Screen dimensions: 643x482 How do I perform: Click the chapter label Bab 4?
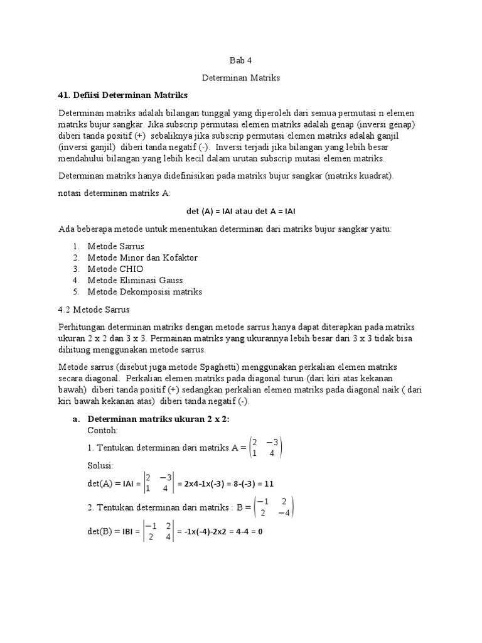[240, 61]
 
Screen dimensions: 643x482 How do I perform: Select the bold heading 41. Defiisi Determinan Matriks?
[122, 95]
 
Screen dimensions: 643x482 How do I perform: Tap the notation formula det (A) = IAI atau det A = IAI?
[241, 211]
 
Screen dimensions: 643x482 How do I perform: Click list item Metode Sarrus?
[115, 246]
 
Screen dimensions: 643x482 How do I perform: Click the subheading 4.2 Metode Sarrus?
[95, 310]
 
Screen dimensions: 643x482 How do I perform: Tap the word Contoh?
[103, 431]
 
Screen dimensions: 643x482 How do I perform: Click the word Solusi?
[101, 467]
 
